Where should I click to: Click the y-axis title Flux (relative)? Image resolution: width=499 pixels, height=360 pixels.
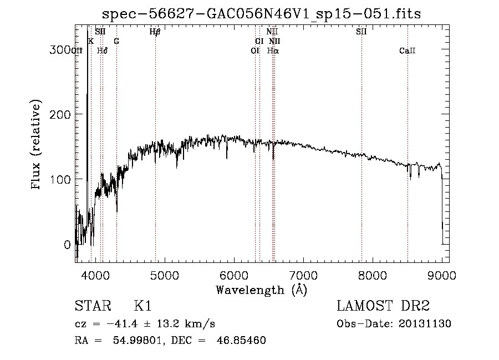pos(37,145)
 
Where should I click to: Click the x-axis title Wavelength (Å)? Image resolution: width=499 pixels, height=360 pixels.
pos(261,290)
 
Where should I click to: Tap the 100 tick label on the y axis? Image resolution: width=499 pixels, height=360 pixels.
pos(59,179)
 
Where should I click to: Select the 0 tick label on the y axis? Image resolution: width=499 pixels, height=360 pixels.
pos(68,245)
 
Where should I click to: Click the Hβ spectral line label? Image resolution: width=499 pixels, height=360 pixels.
pos(155,32)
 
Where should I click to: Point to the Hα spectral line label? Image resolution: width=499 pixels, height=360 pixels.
pos(273,50)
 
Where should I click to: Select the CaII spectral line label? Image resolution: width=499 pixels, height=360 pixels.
pos(408,50)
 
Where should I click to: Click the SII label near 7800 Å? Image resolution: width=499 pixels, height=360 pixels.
pos(361,32)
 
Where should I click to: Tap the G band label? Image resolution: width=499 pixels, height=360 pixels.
pos(116,41)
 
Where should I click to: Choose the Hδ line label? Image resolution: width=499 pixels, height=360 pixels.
pos(102,50)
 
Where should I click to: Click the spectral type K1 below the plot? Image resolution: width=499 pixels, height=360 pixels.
pos(142,307)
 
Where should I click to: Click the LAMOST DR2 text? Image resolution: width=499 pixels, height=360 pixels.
pos(383,307)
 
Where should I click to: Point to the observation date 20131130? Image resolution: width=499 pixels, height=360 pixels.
pos(427,324)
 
